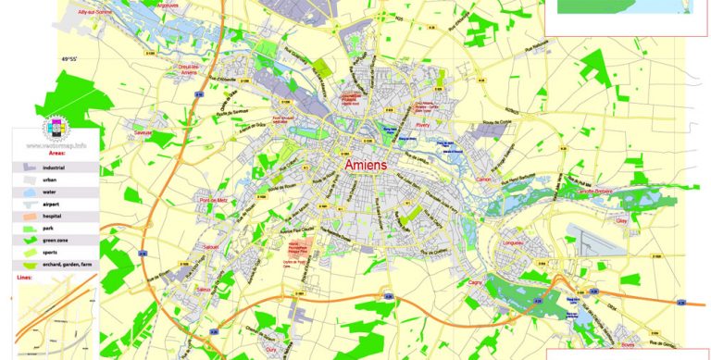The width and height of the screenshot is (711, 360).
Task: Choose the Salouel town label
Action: [x=211, y=247]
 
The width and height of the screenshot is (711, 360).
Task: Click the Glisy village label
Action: [x=620, y=221]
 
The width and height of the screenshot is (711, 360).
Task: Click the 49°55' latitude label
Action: [x=72, y=60]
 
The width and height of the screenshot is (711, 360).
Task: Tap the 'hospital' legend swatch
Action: [x=25, y=215]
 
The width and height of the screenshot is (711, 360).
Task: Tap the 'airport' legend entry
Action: [x=64, y=203]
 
